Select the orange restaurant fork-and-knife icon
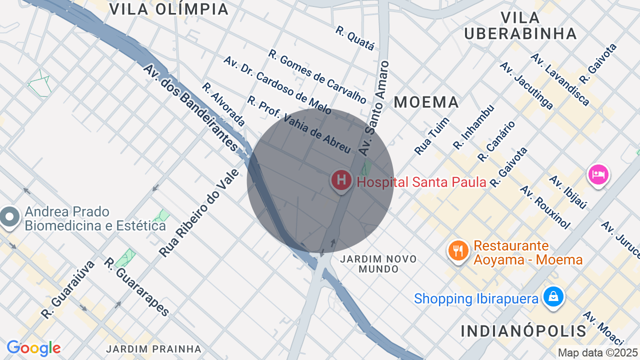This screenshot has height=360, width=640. click(x=458, y=250)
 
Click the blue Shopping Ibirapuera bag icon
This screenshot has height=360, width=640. click(x=553, y=296)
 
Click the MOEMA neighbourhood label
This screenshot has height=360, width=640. click(x=426, y=102)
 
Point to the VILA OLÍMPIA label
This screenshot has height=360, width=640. click(x=168, y=9)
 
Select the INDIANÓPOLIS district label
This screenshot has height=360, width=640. click(x=523, y=330)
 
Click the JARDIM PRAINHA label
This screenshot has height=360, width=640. click(x=154, y=348)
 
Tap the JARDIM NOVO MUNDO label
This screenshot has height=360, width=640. click(x=378, y=263)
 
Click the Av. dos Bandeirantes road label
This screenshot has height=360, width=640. click(x=190, y=107)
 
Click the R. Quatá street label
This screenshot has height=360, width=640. click(x=355, y=38)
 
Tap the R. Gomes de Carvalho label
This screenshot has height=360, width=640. click(x=317, y=76)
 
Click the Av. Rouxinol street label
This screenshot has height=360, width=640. click(x=545, y=207)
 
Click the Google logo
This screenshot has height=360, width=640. click(x=33, y=348)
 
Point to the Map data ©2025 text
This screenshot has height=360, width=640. click(x=598, y=352)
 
